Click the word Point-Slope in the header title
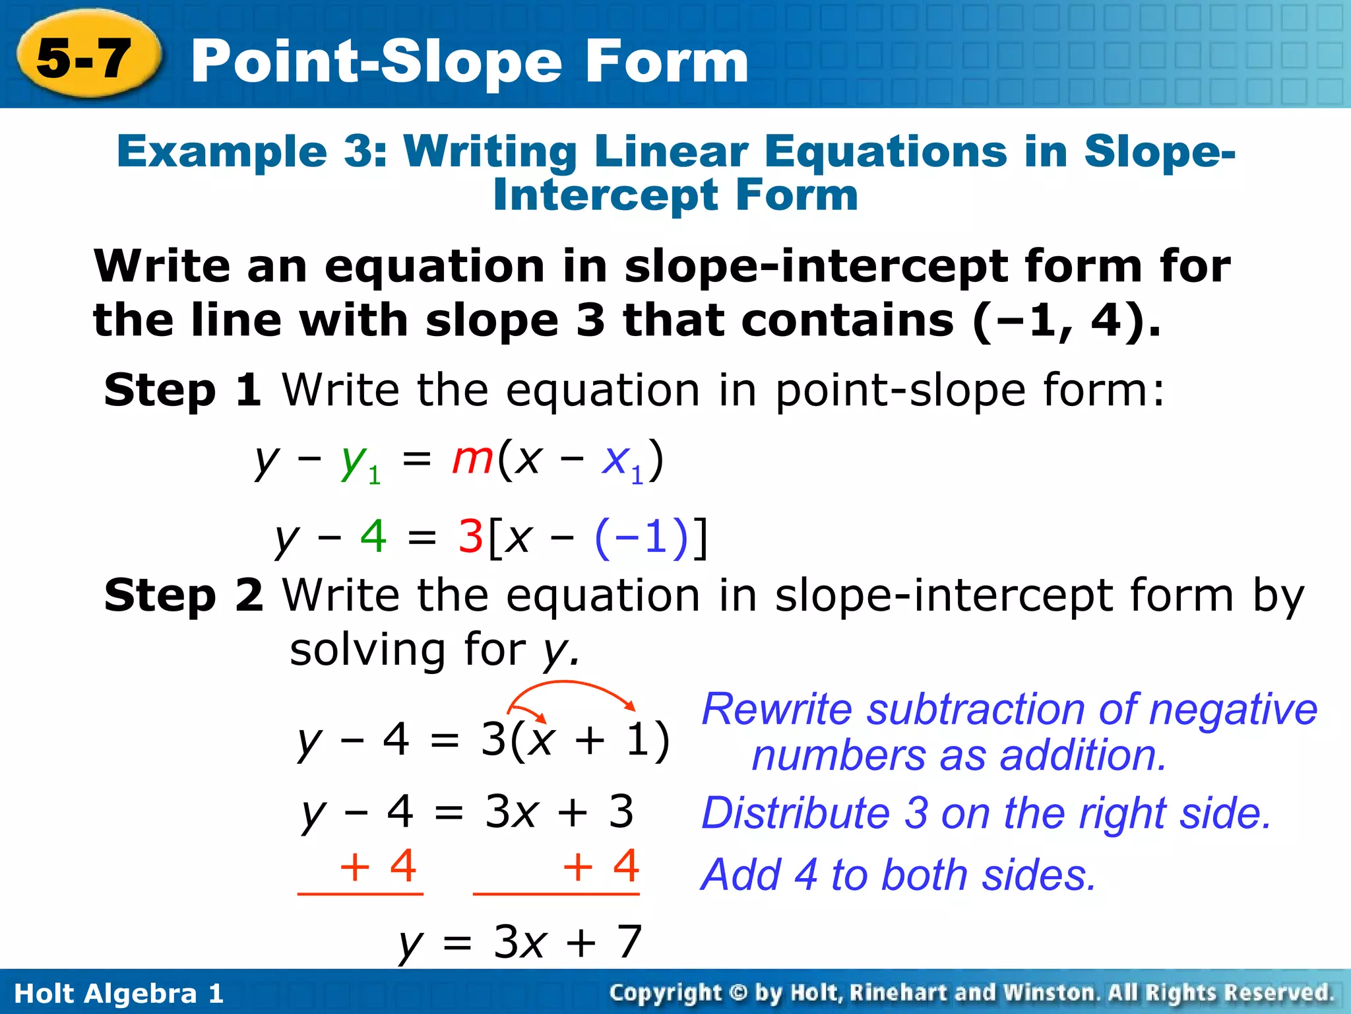coord(376,62)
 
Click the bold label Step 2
coord(183,595)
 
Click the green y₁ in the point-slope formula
coord(360,462)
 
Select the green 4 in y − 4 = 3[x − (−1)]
coord(373,536)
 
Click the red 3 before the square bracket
coord(471,536)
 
